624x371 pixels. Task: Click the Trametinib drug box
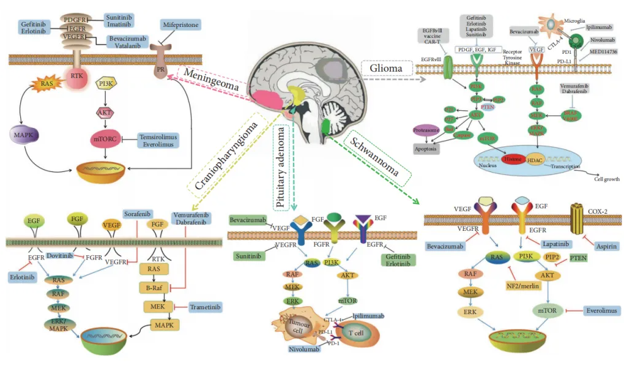203,307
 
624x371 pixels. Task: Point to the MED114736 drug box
603,51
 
